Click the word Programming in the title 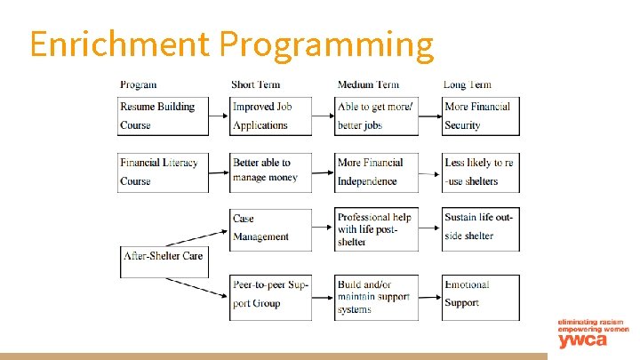326,44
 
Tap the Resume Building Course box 164,116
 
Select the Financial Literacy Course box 164,172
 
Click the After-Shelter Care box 164,256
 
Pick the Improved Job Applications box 270,116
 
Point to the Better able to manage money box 270,172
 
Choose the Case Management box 270,228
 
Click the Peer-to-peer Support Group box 270,294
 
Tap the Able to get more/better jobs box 376,116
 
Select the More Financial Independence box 376,172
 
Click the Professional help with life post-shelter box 376,229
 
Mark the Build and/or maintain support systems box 376,297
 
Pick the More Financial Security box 481,116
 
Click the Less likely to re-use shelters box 481,172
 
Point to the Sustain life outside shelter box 481,228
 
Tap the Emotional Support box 481,294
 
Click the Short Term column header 255,85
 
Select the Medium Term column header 368,85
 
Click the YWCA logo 590,333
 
